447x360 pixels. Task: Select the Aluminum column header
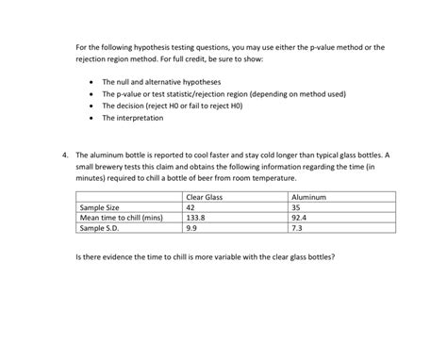pos(308,196)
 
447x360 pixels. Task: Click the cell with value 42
pos(190,206)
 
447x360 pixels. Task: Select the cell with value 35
pos(296,206)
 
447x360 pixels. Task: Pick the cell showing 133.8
pos(195,217)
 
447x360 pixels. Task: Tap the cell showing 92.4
pos(299,217)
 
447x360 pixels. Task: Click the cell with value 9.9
pos(191,227)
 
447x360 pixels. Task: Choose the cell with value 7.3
pos(296,227)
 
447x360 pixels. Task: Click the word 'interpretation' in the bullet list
pos(141,119)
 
